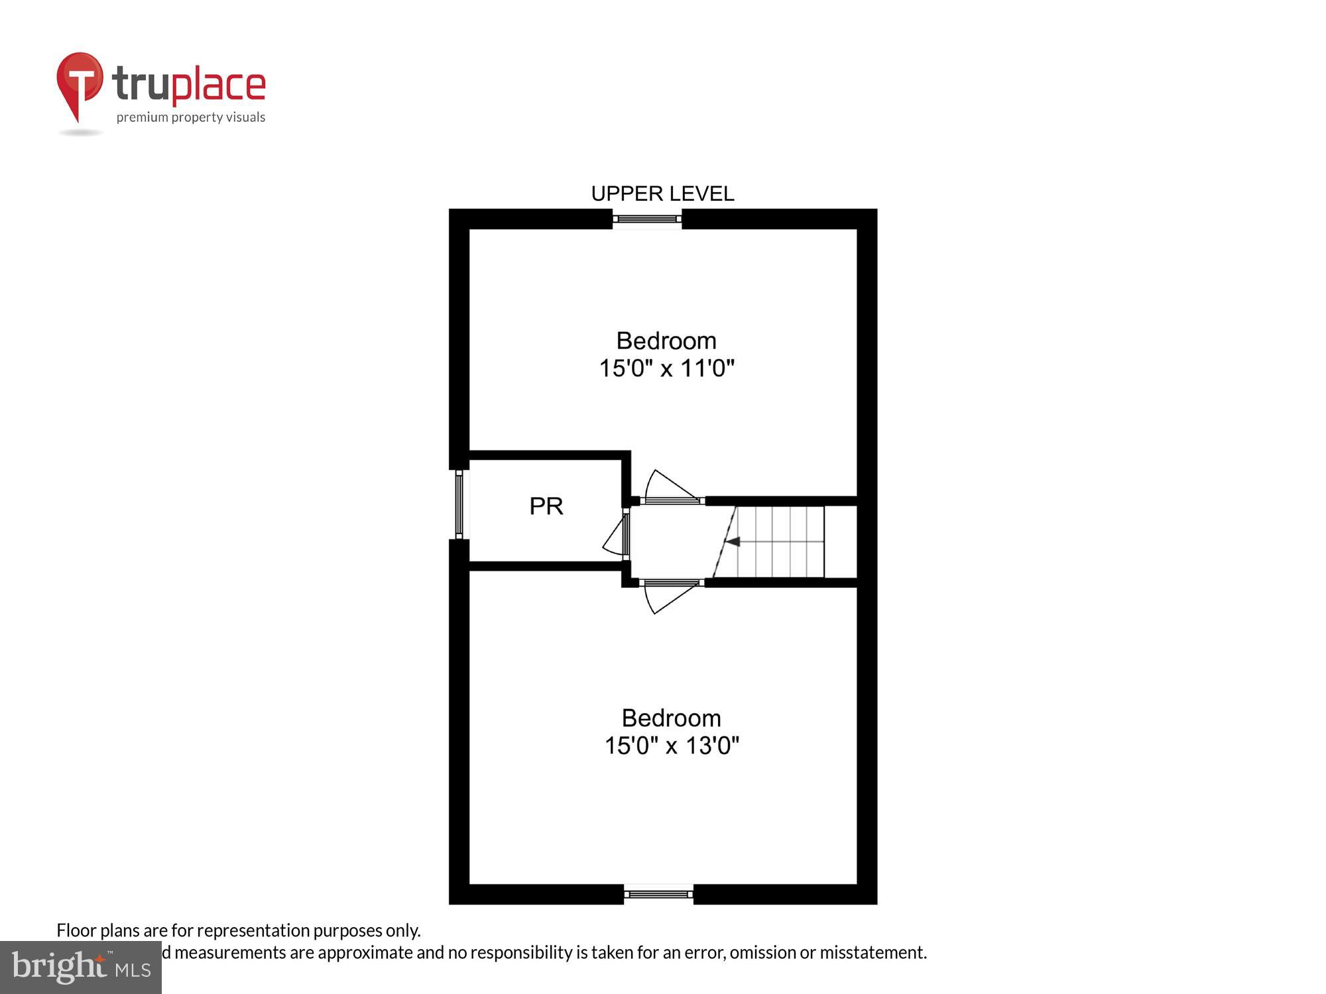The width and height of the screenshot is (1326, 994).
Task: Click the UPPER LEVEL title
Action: pyautogui.click(x=662, y=193)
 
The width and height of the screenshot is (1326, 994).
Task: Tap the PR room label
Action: pyautogui.click(x=546, y=506)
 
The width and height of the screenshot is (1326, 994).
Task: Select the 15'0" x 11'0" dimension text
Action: pyautogui.click(x=666, y=368)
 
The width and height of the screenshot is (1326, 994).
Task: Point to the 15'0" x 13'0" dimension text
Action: pyautogui.click(x=672, y=745)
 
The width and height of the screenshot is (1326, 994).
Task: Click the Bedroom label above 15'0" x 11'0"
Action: pyautogui.click(x=666, y=341)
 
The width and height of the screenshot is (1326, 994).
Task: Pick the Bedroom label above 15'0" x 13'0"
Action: pyautogui.click(x=671, y=718)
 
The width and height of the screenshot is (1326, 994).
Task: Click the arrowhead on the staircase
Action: pyautogui.click(x=733, y=541)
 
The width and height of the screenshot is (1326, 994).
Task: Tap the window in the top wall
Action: pyautogui.click(x=647, y=219)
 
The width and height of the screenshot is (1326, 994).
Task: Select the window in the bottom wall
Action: pyautogui.click(x=658, y=894)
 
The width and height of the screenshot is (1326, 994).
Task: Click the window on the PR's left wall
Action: pyautogui.click(x=459, y=504)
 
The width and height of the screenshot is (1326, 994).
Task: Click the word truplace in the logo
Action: pyautogui.click(x=189, y=85)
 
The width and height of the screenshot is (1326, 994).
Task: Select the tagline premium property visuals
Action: pyautogui.click(x=191, y=117)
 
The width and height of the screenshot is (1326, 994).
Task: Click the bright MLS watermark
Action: pyautogui.click(x=81, y=967)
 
